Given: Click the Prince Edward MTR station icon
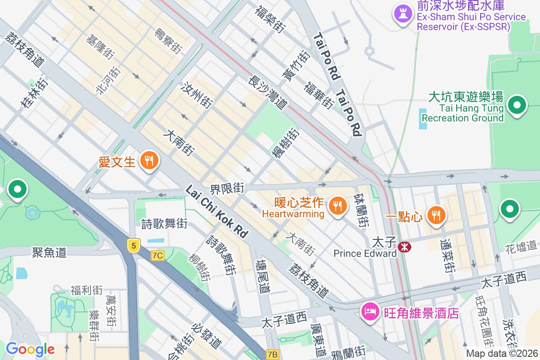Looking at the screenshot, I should [x=404, y=246].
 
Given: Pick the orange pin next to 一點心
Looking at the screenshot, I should [x=436, y=216].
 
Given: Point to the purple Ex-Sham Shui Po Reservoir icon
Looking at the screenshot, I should [x=401, y=13].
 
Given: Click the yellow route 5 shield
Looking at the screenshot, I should [x=133, y=246].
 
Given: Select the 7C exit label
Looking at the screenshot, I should [x=157, y=256].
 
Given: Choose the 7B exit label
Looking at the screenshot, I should [x=272, y=354].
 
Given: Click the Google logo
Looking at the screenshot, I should [x=30, y=349].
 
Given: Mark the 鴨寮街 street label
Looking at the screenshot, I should [x=167, y=41].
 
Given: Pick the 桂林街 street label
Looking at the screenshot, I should [x=34, y=93].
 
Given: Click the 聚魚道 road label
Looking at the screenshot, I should [x=49, y=252].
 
